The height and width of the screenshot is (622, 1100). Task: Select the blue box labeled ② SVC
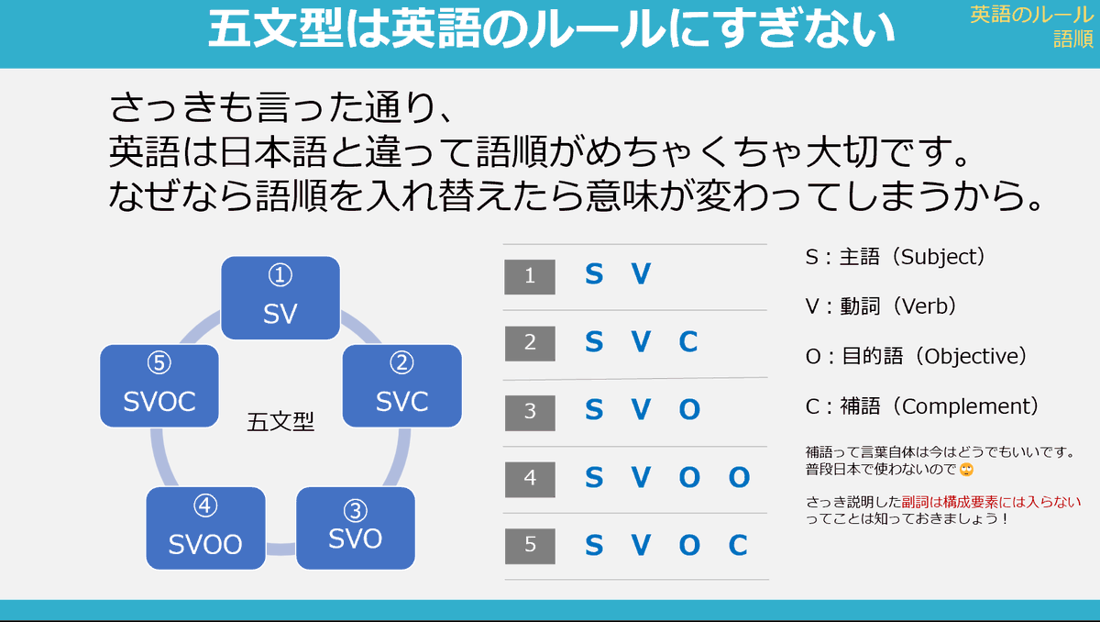pos(401,384)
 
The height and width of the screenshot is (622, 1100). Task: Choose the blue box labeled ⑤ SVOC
pos(159,384)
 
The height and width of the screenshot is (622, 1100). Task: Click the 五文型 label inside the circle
pos(280,422)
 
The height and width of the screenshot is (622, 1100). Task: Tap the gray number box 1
pos(530,276)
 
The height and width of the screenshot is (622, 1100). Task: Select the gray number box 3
pos(530,411)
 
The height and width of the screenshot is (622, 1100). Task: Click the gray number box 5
pos(530,545)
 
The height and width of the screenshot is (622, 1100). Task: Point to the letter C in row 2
pos(688,343)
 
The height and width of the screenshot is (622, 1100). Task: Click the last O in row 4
pos(739,478)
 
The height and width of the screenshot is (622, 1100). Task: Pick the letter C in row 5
pos(738,546)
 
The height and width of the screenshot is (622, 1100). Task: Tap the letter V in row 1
pos(641,274)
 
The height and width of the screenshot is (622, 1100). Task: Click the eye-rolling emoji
pos(965,470)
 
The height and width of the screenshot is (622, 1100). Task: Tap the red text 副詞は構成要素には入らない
pos(991,502)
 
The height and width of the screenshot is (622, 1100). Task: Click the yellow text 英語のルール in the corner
pos(1030,14)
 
